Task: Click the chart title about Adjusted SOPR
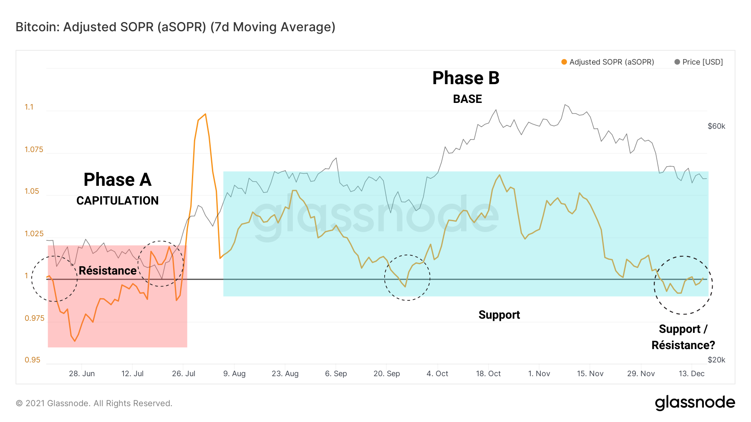pos(175,27)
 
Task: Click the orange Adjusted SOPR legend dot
pos(564,62)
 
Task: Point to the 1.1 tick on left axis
pos(29,107)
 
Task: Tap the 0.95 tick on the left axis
pos(32,360)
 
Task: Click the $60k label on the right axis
pos(716,126)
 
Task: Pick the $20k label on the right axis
pos(716,360)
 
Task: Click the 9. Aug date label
pos(234,374)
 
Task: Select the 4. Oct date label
pos(437,374)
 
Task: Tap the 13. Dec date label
pos(691,374)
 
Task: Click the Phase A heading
pos(117,180)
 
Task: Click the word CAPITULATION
pos(117,201)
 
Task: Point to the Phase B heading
pos(466,78)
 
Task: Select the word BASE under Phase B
pos(467,99)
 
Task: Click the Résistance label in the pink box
pos(108,271)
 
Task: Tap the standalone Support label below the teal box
pos(499,315)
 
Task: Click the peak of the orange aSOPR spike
pos(205,114)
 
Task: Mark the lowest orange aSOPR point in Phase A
pos(75,341)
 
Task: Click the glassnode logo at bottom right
pos(695,403)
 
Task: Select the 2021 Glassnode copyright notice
pos(94,403)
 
